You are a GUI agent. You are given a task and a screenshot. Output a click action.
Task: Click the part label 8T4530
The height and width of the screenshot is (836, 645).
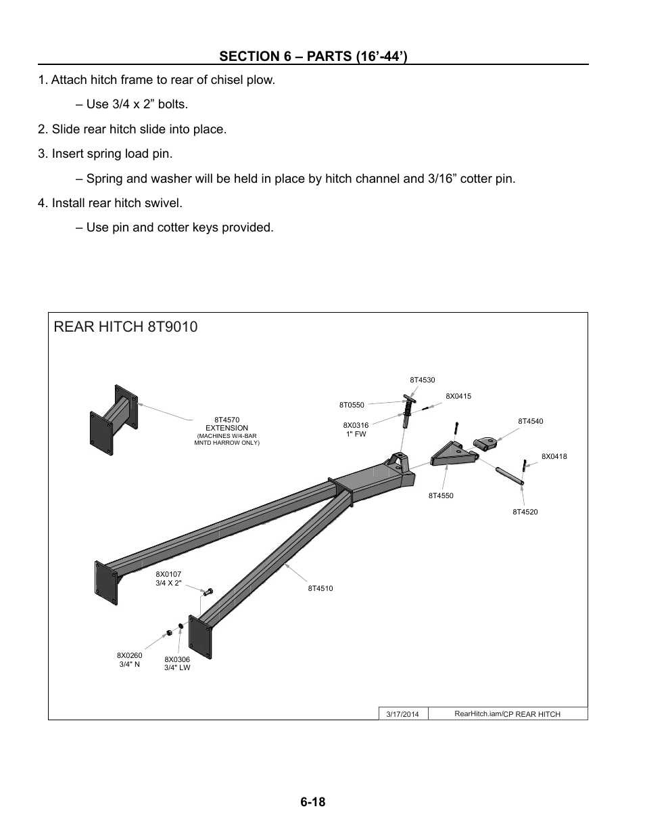coord(422,380)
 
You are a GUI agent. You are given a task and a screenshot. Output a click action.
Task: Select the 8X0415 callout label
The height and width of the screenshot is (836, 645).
coord(458,396)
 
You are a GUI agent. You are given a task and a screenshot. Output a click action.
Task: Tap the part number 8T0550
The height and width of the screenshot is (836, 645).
coord(352,405)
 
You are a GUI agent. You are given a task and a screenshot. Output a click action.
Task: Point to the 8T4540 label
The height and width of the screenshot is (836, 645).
coord(530,422)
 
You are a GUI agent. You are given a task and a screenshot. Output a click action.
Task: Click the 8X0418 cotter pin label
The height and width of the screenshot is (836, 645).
coord(554,457)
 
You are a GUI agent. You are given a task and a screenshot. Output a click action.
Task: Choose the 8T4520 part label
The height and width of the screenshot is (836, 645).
coord(525,512)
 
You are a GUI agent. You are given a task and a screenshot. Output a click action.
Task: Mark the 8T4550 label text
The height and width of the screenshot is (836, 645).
coord(441,496)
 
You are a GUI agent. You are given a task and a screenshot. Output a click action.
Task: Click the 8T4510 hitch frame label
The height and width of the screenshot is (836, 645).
coord(320,589)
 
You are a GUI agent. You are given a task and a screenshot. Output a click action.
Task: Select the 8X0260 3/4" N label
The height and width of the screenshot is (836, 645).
coord(129,660)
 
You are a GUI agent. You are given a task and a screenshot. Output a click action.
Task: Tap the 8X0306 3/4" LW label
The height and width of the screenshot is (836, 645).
coord(177,663)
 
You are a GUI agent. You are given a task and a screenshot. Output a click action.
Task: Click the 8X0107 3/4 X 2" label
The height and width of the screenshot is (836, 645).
coord(168,579)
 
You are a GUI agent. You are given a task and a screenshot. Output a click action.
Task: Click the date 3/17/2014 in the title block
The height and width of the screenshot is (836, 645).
coord(402,714)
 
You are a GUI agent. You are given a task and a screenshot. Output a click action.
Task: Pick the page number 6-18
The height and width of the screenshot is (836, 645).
coord(313,802)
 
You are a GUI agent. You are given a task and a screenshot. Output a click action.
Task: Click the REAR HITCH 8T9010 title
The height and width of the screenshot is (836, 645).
coord(126,327)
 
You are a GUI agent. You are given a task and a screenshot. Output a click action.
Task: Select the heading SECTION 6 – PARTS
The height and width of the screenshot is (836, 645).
coord(312,55)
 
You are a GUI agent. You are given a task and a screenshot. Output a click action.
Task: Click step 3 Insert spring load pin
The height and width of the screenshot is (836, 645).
coord(105,154)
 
